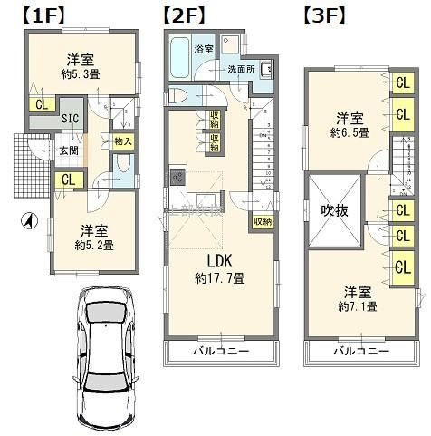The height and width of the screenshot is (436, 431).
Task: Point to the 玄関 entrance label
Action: (x=69, y=150)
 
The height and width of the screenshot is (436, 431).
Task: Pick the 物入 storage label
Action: (x=124, y=140)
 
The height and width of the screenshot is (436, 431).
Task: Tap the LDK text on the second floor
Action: (x=219, y=260)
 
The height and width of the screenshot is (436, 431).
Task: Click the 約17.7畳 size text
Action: (x=219, y=278)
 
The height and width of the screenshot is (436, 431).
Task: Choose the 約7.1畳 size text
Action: (x=359, y=306)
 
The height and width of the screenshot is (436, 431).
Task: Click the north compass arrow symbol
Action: (x=29, y=220)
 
